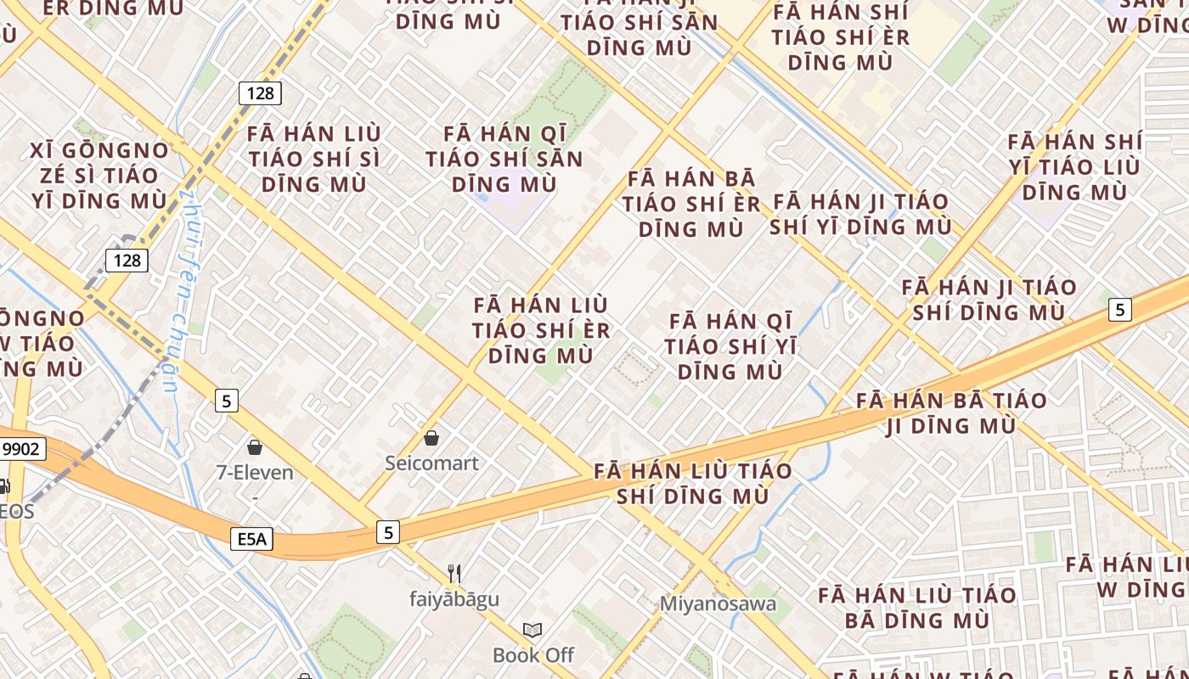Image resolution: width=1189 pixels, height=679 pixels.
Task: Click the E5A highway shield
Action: pyautogui.click(x=251, y=538)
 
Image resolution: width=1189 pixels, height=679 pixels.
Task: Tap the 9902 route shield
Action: pyautogui.click(x=21, y=449)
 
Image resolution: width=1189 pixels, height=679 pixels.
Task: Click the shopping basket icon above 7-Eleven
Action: pyautogui.click(x=254, y=446)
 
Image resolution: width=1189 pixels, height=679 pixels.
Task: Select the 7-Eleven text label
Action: pyautogui.click(x=255, y=473)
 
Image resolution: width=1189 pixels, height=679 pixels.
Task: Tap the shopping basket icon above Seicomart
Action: pyautogui.click(x=431, y=438)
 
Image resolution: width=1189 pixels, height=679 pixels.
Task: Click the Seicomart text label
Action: pyautogui.click(x=431, y=463)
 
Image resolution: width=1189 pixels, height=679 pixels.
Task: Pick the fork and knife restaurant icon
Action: pyautogui.click(x=454, y=574)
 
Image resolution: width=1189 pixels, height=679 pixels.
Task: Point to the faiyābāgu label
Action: pyautogui.click(x=454, y=599)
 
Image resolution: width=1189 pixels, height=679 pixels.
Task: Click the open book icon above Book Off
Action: pyautogui.click(x=533, y=630)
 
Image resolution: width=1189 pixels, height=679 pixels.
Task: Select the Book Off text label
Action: pyautogui.click(x=533, y=655)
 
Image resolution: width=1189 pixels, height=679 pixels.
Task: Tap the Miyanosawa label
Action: pyautogui.click(x=718, y=604)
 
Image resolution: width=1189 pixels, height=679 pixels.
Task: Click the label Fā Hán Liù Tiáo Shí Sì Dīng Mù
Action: pyautogui.click(x=314, y=159)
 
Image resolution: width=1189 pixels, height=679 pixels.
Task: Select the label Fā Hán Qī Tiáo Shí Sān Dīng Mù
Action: pyautogui.click(x=504, y=159)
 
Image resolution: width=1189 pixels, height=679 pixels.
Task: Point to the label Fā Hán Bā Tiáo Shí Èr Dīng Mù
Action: pyautogui.click(x=691, y=204)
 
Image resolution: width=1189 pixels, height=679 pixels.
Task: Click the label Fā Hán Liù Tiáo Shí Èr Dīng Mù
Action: pyautogui.click(x=541, y=329)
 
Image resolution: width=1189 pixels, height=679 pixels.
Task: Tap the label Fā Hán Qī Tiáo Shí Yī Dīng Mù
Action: pyautogui.click(x=730, y=346)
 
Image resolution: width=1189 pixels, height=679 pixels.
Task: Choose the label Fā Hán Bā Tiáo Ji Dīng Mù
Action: pyautogui.click(x=951, y=412)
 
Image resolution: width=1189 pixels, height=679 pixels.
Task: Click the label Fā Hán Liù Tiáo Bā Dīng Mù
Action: pyautogui.click(x=917, y=607)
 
